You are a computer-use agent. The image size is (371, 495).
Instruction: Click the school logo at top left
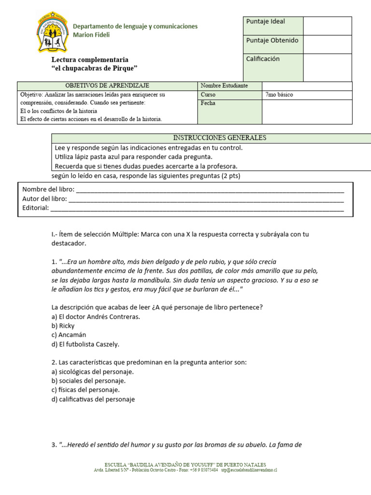[51, 32]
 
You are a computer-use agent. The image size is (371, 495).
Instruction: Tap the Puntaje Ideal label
[265, 21]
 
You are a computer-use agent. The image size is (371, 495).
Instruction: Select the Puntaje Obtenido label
[272, 40]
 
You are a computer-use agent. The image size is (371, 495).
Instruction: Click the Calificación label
[263, 59]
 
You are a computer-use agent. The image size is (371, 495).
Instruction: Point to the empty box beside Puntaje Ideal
[327, 26]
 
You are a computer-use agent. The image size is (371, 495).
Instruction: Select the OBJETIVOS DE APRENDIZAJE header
[107, 86]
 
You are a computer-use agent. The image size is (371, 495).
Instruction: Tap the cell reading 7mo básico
[279, 95]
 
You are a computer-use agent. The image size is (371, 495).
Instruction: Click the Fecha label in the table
[208, 103]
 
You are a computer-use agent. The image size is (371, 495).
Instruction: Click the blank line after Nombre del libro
[210, 189]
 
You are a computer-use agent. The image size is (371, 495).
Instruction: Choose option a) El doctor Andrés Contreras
[95, 317]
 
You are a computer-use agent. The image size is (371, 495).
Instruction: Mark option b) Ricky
[63, 326]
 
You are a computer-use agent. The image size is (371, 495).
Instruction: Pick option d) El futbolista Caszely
[85, 344]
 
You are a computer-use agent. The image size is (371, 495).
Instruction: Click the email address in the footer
[249, 470]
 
